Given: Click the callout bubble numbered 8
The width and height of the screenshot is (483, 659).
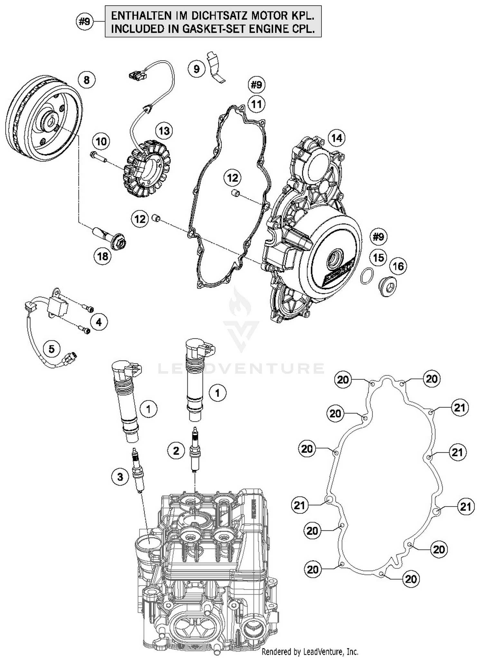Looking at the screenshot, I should click(86, 80).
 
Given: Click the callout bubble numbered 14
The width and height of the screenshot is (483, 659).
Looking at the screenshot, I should click(336, 138).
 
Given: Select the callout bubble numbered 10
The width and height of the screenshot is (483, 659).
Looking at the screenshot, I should click(101, 141).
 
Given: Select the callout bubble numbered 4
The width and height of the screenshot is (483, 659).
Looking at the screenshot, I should click(99, 322).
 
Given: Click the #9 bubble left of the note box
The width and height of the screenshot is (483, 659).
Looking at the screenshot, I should click(85, 22).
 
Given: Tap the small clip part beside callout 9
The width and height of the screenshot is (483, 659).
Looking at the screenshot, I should click(216, 68).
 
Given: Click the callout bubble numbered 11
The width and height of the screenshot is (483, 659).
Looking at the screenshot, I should click(256, 104).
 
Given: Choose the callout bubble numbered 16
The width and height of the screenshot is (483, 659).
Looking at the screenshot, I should click(398, 266).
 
